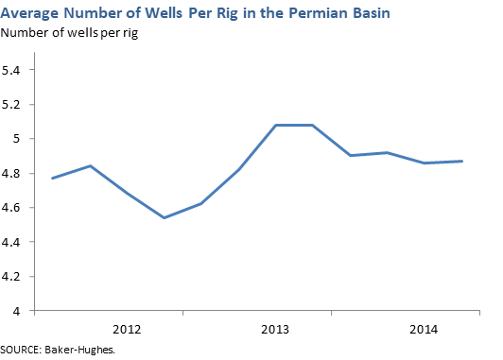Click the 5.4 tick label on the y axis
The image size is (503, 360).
(16, 70)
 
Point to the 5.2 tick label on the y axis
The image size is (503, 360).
(16, 104)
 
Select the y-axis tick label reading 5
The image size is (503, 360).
(21, 139)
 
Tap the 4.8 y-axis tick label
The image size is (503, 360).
(16, 173)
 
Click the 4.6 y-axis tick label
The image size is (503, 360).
(16, 207)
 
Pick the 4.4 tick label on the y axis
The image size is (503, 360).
(16, 242)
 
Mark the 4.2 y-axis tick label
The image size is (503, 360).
(16, 276)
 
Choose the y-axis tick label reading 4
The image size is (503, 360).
(21, 311)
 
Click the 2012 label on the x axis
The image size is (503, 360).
(128, 330)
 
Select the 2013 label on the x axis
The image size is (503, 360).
(275, 330)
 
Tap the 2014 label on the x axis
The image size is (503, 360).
(423, 330)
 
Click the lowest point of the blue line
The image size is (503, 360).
(165, 218)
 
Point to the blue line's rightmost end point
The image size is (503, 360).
(461, 161)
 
